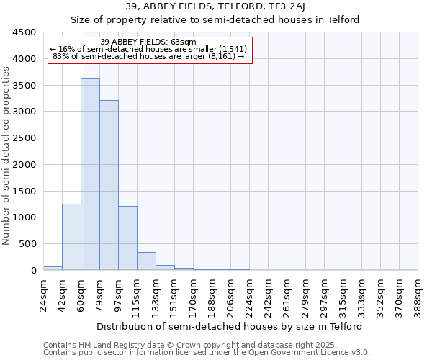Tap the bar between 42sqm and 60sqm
click(x=71, y=237)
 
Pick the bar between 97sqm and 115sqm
click(x=127, y=238)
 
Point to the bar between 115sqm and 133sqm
click(x=146, y=261)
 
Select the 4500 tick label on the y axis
click(x=24, y=32)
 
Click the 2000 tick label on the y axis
click(x=24, y=165)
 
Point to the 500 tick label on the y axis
click(x=27, y=244)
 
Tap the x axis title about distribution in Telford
click(x=230, y=326)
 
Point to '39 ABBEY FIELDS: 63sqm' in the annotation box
click(x=148, y=42)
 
